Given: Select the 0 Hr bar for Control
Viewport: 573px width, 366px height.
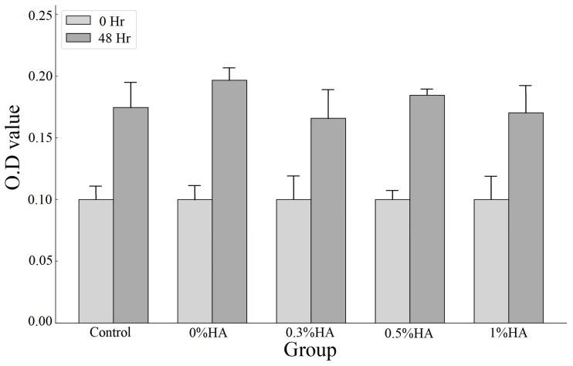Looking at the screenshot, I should (96, 260).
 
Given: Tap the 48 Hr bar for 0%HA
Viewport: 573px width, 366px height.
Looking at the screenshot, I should (229, 201).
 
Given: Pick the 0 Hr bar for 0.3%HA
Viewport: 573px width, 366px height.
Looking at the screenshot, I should (293, 260).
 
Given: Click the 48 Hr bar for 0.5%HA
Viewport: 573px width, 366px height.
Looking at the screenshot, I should (427, 208).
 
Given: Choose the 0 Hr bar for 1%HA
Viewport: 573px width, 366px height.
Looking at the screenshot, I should (491, 260).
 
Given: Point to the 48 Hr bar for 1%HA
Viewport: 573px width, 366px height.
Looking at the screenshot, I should (526, 217).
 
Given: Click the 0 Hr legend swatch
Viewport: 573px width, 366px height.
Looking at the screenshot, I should (78, 19).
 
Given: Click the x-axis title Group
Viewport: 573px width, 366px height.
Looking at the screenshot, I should (310, 351).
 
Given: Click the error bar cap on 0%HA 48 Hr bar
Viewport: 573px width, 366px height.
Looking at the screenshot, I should (229, 68).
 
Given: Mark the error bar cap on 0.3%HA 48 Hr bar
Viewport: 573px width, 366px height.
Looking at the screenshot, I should (328, 90).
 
